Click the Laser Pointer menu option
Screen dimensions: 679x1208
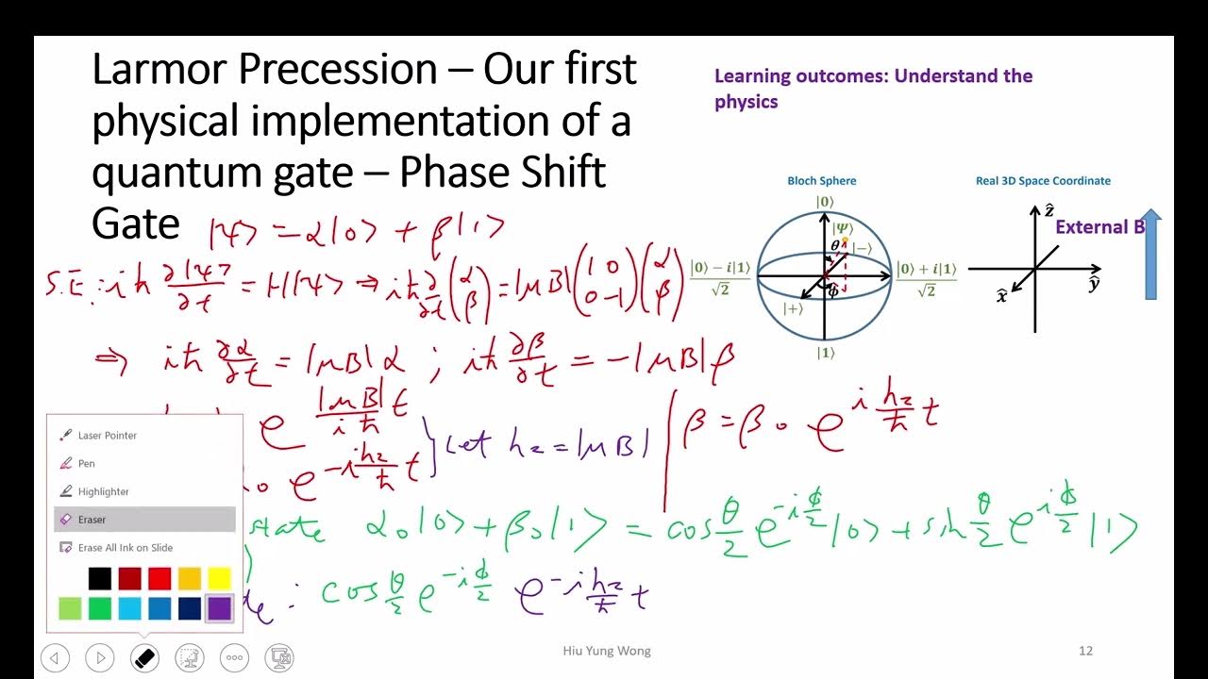107,436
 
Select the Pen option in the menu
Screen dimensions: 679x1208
86,464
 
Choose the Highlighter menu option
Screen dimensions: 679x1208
103,491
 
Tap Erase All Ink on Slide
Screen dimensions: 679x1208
125,548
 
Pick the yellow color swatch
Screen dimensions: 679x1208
219,579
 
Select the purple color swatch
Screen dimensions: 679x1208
219,608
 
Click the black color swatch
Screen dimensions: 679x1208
99,579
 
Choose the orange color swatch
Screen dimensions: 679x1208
189,579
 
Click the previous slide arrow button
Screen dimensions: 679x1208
55,657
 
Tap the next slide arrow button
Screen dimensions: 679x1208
100,657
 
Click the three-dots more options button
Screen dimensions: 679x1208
234,657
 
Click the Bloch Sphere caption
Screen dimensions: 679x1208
822,181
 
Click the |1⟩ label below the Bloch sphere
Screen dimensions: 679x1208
825,353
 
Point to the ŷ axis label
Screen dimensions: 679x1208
1094,283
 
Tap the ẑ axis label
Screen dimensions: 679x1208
1049,210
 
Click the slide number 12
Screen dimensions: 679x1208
1085,651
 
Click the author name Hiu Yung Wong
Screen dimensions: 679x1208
607,651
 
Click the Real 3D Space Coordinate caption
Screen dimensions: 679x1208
1043,181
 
